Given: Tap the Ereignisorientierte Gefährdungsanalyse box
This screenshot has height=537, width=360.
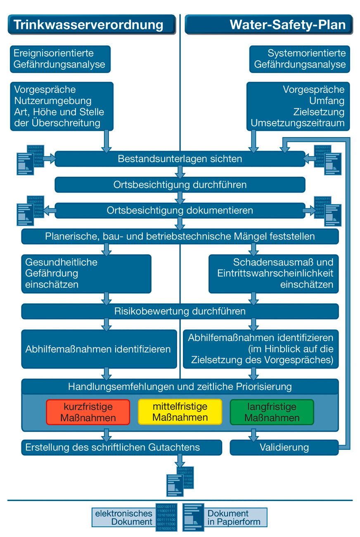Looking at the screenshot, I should point(60,59).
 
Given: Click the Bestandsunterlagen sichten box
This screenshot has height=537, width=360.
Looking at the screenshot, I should point(180,159).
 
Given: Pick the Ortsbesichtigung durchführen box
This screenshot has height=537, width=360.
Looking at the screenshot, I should point(180,185).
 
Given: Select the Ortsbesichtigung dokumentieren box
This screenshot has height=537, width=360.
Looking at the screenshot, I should point(180,211).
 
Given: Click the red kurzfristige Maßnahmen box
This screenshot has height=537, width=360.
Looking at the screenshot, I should point(88,412).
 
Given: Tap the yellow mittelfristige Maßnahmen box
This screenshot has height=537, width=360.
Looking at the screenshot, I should point(180,412).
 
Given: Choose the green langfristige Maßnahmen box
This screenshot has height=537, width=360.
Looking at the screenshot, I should point(272,412).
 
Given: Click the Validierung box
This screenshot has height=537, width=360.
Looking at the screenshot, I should point(284,447).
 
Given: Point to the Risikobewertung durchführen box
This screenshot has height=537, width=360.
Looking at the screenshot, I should point(180,311).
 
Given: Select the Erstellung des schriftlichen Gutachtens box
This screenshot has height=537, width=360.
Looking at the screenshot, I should point(121,447).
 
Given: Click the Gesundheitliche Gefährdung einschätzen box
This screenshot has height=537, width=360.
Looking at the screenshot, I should point(86,273).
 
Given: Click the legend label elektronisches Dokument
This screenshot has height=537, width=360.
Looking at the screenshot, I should point(123,517).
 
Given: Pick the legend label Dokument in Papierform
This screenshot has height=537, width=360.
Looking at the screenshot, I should point(234,518).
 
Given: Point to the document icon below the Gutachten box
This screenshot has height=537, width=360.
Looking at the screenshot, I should point(180,481).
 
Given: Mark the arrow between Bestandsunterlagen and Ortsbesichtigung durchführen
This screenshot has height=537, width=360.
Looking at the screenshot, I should point(180,172).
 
